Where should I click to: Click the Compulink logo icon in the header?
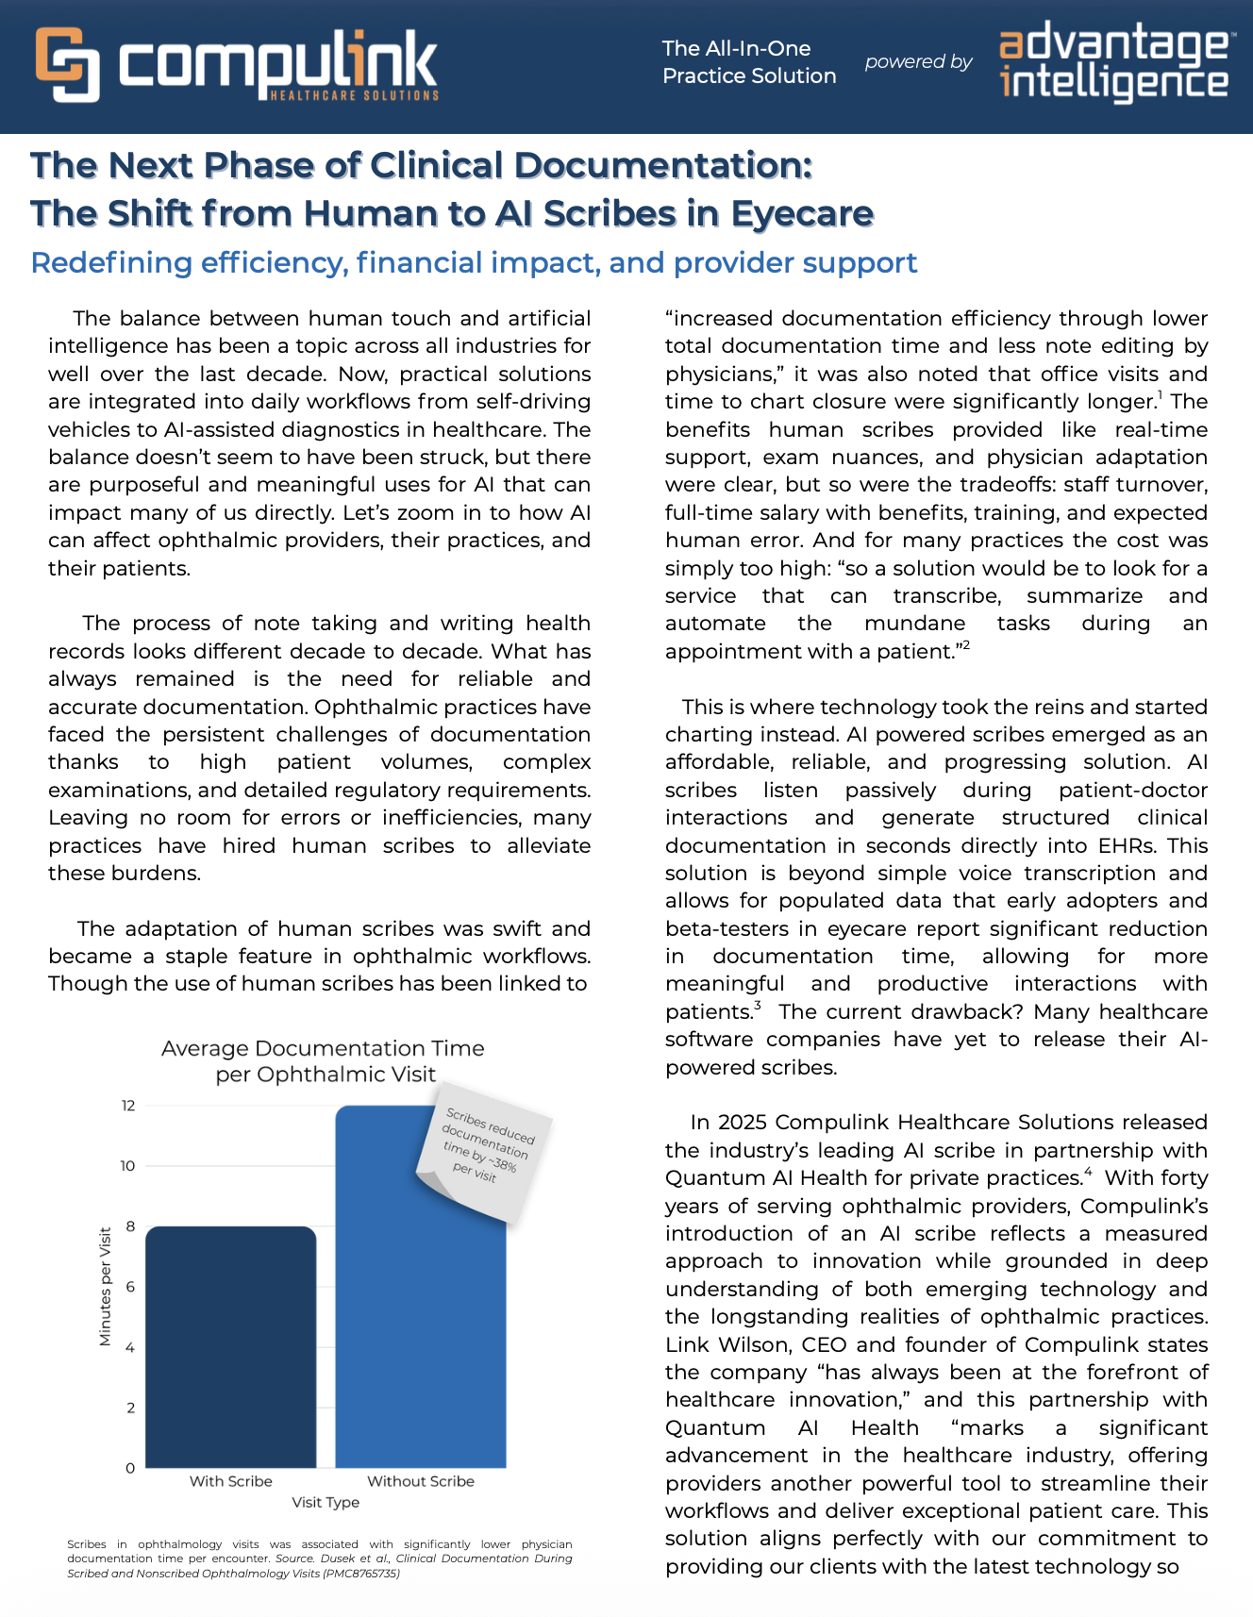point(68,64)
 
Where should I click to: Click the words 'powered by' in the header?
point(918,62)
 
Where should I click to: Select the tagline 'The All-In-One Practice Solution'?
point(749,62)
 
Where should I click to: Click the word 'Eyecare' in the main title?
point(802,214)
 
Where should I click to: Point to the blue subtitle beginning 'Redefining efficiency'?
point(474,262)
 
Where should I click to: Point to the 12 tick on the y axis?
point(128,1106)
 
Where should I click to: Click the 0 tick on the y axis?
point(130,1468)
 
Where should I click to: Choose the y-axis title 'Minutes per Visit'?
point(105,1286)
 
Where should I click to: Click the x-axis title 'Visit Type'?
point(326,1502)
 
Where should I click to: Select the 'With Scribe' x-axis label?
point(230,1481)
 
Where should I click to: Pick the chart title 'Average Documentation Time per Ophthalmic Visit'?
point(324,1061)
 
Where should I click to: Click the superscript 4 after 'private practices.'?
point(1088,1173)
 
